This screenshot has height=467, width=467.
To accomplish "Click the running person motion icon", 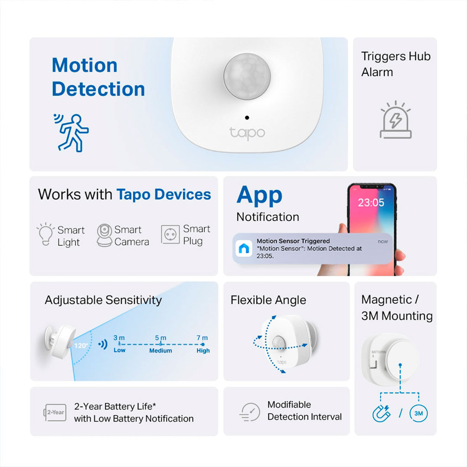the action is tap(71, 133).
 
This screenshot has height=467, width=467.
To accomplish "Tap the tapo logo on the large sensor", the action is tap(247, 133).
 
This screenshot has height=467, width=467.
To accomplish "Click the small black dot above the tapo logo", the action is tap(247, 118).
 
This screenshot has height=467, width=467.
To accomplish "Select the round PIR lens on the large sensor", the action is tap(247, 76).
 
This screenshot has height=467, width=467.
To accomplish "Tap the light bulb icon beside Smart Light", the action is tap(46, 234).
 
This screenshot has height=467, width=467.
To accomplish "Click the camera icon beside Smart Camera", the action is tap(104, 235).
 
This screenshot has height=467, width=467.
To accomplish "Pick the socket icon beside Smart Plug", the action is tap(171, 234).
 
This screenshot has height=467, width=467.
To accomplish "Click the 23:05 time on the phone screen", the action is tap(371, 202).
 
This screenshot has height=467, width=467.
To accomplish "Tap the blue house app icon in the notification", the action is tap(244, 249).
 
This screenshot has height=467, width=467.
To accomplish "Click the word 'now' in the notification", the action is tap(383, 241).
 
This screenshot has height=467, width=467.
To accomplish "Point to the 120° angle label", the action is tap(81, 346).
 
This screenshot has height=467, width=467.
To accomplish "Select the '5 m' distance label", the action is tap(161, 338).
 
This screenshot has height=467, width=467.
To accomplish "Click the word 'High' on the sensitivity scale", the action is tap(203, 351).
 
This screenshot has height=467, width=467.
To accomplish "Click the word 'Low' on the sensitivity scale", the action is tap(119, 350).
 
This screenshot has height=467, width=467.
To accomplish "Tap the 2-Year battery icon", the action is tap(55, 412).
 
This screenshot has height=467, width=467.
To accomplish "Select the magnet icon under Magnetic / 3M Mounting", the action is tap(382, 413).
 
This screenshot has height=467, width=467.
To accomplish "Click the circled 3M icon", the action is tap(419, 413).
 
